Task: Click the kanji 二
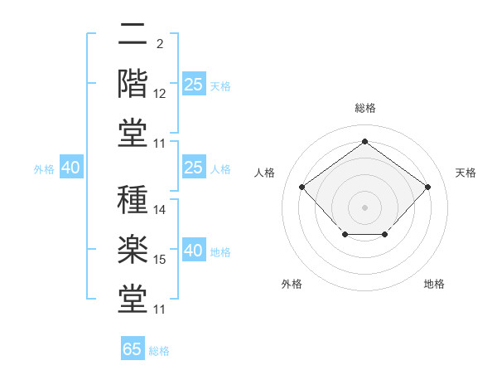tap(133, 34)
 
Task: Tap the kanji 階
tap(133, 84)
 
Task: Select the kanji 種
tap(133, 199)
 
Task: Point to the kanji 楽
tap(133, 249)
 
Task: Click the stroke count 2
tap(160, 44)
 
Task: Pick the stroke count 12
tap(159, 94)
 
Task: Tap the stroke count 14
tap(159, 210)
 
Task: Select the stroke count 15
tap(159, 260)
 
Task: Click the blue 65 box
tap(133, 348)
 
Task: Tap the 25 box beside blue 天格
tap(194, 84)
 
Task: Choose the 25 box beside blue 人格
tap(194, 167)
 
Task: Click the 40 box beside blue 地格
tap(194, 249)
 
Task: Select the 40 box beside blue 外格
tap(71, 167)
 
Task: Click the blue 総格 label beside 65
tap(159, 351)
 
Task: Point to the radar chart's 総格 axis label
tap(365, 108)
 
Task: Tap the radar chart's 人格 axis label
tap(264, 173)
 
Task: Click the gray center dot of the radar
tap(364, 207)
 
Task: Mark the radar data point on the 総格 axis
tap(364, 141)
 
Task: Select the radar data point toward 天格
tap(427, 187)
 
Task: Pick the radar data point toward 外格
tap(345, 234)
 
